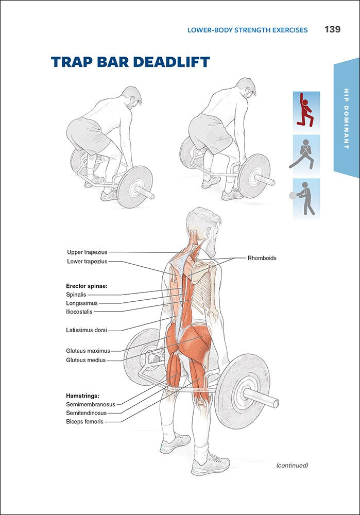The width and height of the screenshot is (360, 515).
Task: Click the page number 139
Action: (x=332, y=29)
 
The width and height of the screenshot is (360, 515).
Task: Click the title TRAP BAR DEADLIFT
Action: (x=130, y=62)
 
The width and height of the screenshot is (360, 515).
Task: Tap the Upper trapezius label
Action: (x=87, y=252)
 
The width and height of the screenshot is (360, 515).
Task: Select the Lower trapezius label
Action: (x=87, y=262)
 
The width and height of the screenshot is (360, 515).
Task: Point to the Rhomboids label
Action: (x=262, y=258)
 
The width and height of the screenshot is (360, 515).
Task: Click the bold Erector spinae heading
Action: (x=85, y=286)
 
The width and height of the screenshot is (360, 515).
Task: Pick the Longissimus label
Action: (x=82, y=303)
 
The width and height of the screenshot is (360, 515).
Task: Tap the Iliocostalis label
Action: (x=79, y=312)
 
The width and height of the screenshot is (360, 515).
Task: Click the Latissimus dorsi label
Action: (x=86, y=330)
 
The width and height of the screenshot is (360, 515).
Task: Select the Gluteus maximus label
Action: (x=88, y=351)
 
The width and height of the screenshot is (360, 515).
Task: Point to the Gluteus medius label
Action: (x=85, y=360)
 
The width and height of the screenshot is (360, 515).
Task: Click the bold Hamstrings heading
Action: (x=82, y=396)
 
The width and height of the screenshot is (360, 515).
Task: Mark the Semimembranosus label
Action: (x=91, y=404)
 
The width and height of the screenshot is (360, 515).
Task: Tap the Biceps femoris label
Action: (x=84, y=422)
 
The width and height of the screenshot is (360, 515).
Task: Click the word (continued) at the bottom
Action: (x=292, y=465)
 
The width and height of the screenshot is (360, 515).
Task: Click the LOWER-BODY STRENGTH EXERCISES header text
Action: (x=247, y=30)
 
